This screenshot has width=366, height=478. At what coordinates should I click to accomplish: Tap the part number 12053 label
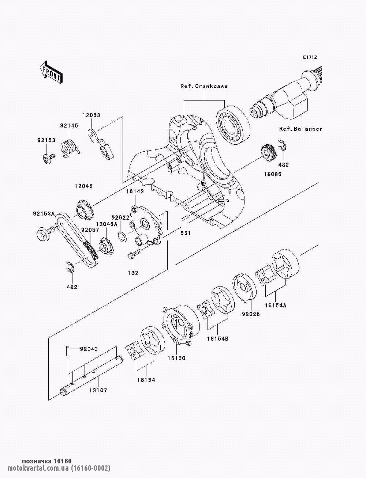point(91,115)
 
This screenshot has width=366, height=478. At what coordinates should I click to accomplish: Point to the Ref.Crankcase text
point(204,86)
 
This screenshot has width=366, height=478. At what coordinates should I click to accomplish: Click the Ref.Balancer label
point(300,129)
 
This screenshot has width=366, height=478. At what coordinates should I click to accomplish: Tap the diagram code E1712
point(309,57)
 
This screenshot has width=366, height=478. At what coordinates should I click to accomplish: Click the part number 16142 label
point(135,191)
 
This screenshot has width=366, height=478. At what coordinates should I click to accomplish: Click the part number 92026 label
point(251,314)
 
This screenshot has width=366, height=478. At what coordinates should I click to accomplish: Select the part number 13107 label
point(98,390)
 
